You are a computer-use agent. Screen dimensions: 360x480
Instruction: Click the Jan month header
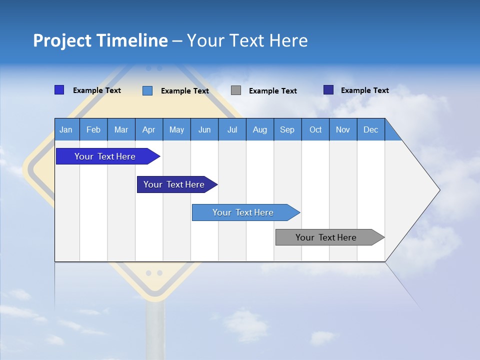(x=66, y=129)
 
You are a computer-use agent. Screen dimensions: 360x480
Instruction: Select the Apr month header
(x=149, y=129)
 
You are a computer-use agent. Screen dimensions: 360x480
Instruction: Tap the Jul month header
(x=232, y=129)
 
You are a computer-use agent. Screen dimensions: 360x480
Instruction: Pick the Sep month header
(x=287, y=129)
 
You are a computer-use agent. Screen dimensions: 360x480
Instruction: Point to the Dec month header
(x=370, y=129)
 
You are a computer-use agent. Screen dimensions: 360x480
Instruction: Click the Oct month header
(x=315, y=129)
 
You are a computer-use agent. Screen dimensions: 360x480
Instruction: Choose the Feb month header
(x=93, y=129)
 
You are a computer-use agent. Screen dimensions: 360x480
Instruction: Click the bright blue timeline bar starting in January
(x=105, y=156)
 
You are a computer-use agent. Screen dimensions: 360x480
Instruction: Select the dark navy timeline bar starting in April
(x=174, y=184)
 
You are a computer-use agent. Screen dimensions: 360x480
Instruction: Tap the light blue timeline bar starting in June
(x=243, y=212)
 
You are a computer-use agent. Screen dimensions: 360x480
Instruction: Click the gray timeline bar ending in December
(x=326, y=237)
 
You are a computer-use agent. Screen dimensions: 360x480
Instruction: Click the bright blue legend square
(x=59, y=90)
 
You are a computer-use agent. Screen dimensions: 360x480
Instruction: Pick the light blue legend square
(x=147, y=90)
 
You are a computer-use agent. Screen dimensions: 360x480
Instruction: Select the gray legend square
(x=236, y=90)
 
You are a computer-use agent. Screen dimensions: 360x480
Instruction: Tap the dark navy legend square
(x=328, y=90)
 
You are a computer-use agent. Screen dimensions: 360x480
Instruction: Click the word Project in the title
(x=61, y=40)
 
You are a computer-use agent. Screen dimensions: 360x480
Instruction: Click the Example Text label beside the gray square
(x=272, y=91)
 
